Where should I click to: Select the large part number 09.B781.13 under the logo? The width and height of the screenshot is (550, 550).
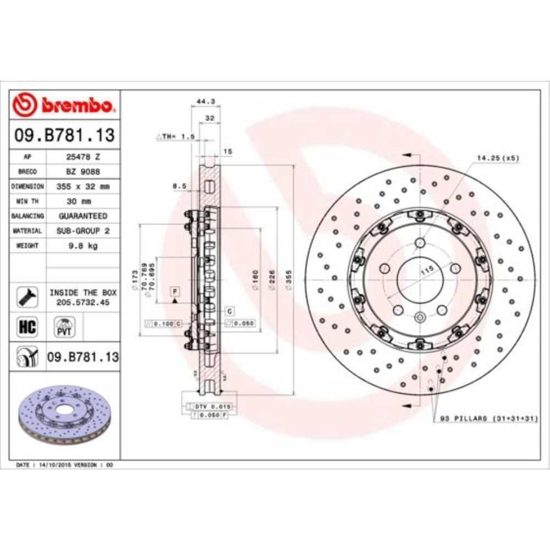tap(65, 134)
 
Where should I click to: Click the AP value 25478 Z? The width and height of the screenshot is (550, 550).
tap(83, 157)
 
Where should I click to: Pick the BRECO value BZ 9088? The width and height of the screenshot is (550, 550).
tap(83, 172)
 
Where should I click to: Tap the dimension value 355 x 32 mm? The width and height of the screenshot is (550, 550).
tap(83, 186)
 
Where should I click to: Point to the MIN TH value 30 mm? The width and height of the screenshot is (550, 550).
tap(83, 201)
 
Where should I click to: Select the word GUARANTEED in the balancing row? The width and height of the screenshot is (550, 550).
tap(83, 216)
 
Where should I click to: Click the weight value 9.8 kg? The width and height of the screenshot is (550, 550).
tap(83, 246)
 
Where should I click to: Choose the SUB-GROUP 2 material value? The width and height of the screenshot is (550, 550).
tap(83, 231)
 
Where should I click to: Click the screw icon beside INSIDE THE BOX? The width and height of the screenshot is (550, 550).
tap(28, 297)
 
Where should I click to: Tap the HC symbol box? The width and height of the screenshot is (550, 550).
tap(28, 327)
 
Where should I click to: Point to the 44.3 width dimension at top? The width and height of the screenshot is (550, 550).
tap(205, 101)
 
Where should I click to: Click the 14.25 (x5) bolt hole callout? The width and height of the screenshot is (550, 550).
tap(497, 158)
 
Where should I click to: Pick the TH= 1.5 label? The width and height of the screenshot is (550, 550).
tap(176, 136)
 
